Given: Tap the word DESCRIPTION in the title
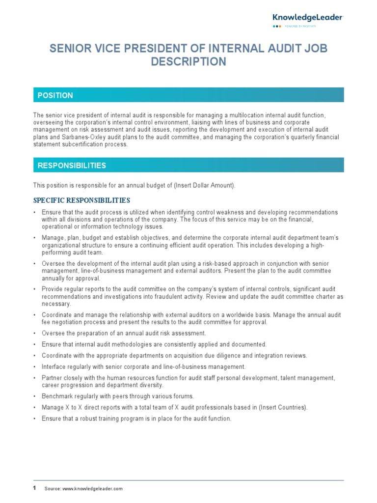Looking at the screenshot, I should click(188, 62).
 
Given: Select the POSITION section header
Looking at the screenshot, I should click(55, 95).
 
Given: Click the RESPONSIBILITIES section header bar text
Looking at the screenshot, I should click(72, 166).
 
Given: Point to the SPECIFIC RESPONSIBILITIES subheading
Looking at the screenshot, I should click(81, 200).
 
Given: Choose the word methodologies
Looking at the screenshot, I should click(131, 344).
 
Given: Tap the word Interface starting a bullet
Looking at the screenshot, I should click(54, 366).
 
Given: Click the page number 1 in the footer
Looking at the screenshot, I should click(34, 488).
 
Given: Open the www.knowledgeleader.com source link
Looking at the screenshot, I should click(93, 489).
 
